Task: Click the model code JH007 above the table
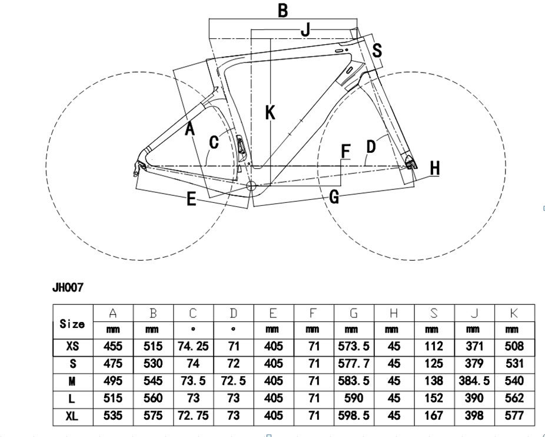68,288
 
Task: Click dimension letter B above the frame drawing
283,10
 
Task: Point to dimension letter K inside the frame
270,112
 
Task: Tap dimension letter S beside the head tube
377,51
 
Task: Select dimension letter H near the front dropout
435,169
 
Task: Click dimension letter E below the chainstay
191,199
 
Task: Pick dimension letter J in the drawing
305,29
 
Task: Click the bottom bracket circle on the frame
251,186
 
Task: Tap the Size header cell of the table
72,323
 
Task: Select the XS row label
72,346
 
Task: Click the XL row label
72,416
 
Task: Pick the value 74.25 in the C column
193,346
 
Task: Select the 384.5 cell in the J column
474,381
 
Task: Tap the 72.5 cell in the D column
234,381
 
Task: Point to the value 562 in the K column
514,398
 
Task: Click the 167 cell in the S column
434,416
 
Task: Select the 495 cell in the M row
113,381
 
